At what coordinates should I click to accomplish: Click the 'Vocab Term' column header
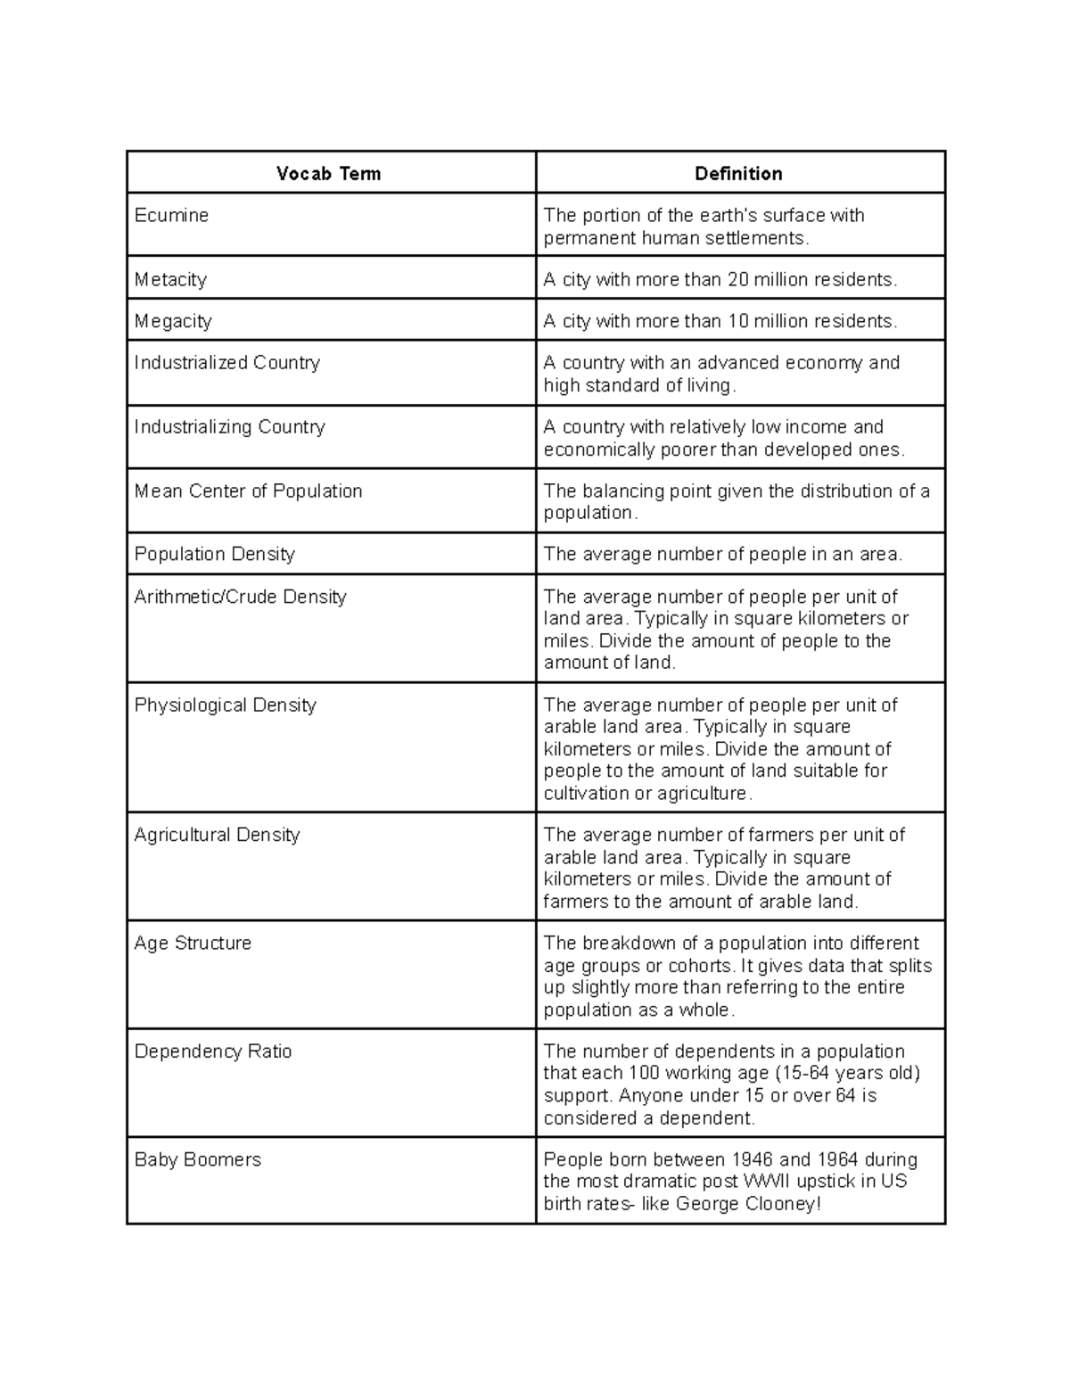pyautogui.click(x=328, y=174)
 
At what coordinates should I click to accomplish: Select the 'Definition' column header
pyautogui.click(x=738, y=174)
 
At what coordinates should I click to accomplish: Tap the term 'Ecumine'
pyautogui.click(x=171, y=216)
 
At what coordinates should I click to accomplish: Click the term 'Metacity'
pyautogui.click(x=170, y=280)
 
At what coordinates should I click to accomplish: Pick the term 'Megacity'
pyautogui.click(x=173, y=321)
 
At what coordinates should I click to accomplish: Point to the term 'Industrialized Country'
pyautogui.click(x=226, y=363)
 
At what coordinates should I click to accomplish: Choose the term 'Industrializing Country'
pyautogui.click(x=229, y=427)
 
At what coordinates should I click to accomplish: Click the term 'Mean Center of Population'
pyautogui.click(x=248, y=491)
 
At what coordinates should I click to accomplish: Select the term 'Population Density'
pyautogui.click(x=214, y=555)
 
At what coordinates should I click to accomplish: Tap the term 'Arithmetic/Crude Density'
pyautogui.click(x=240, y=598)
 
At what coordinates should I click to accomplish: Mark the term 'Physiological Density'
pyautogui.click(x=225, y=705)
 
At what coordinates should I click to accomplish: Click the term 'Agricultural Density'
pyautogui.click(x=217, y=836)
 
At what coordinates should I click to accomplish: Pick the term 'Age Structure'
pyautogui.click(x=193, y=944)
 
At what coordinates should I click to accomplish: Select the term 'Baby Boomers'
pyautogui.click(x=197, y=1160)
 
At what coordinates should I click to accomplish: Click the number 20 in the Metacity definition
pyautogui.click(x=738, y=280)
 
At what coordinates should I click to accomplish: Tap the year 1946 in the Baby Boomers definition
pyautogui.click(x=753, y=1160)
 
